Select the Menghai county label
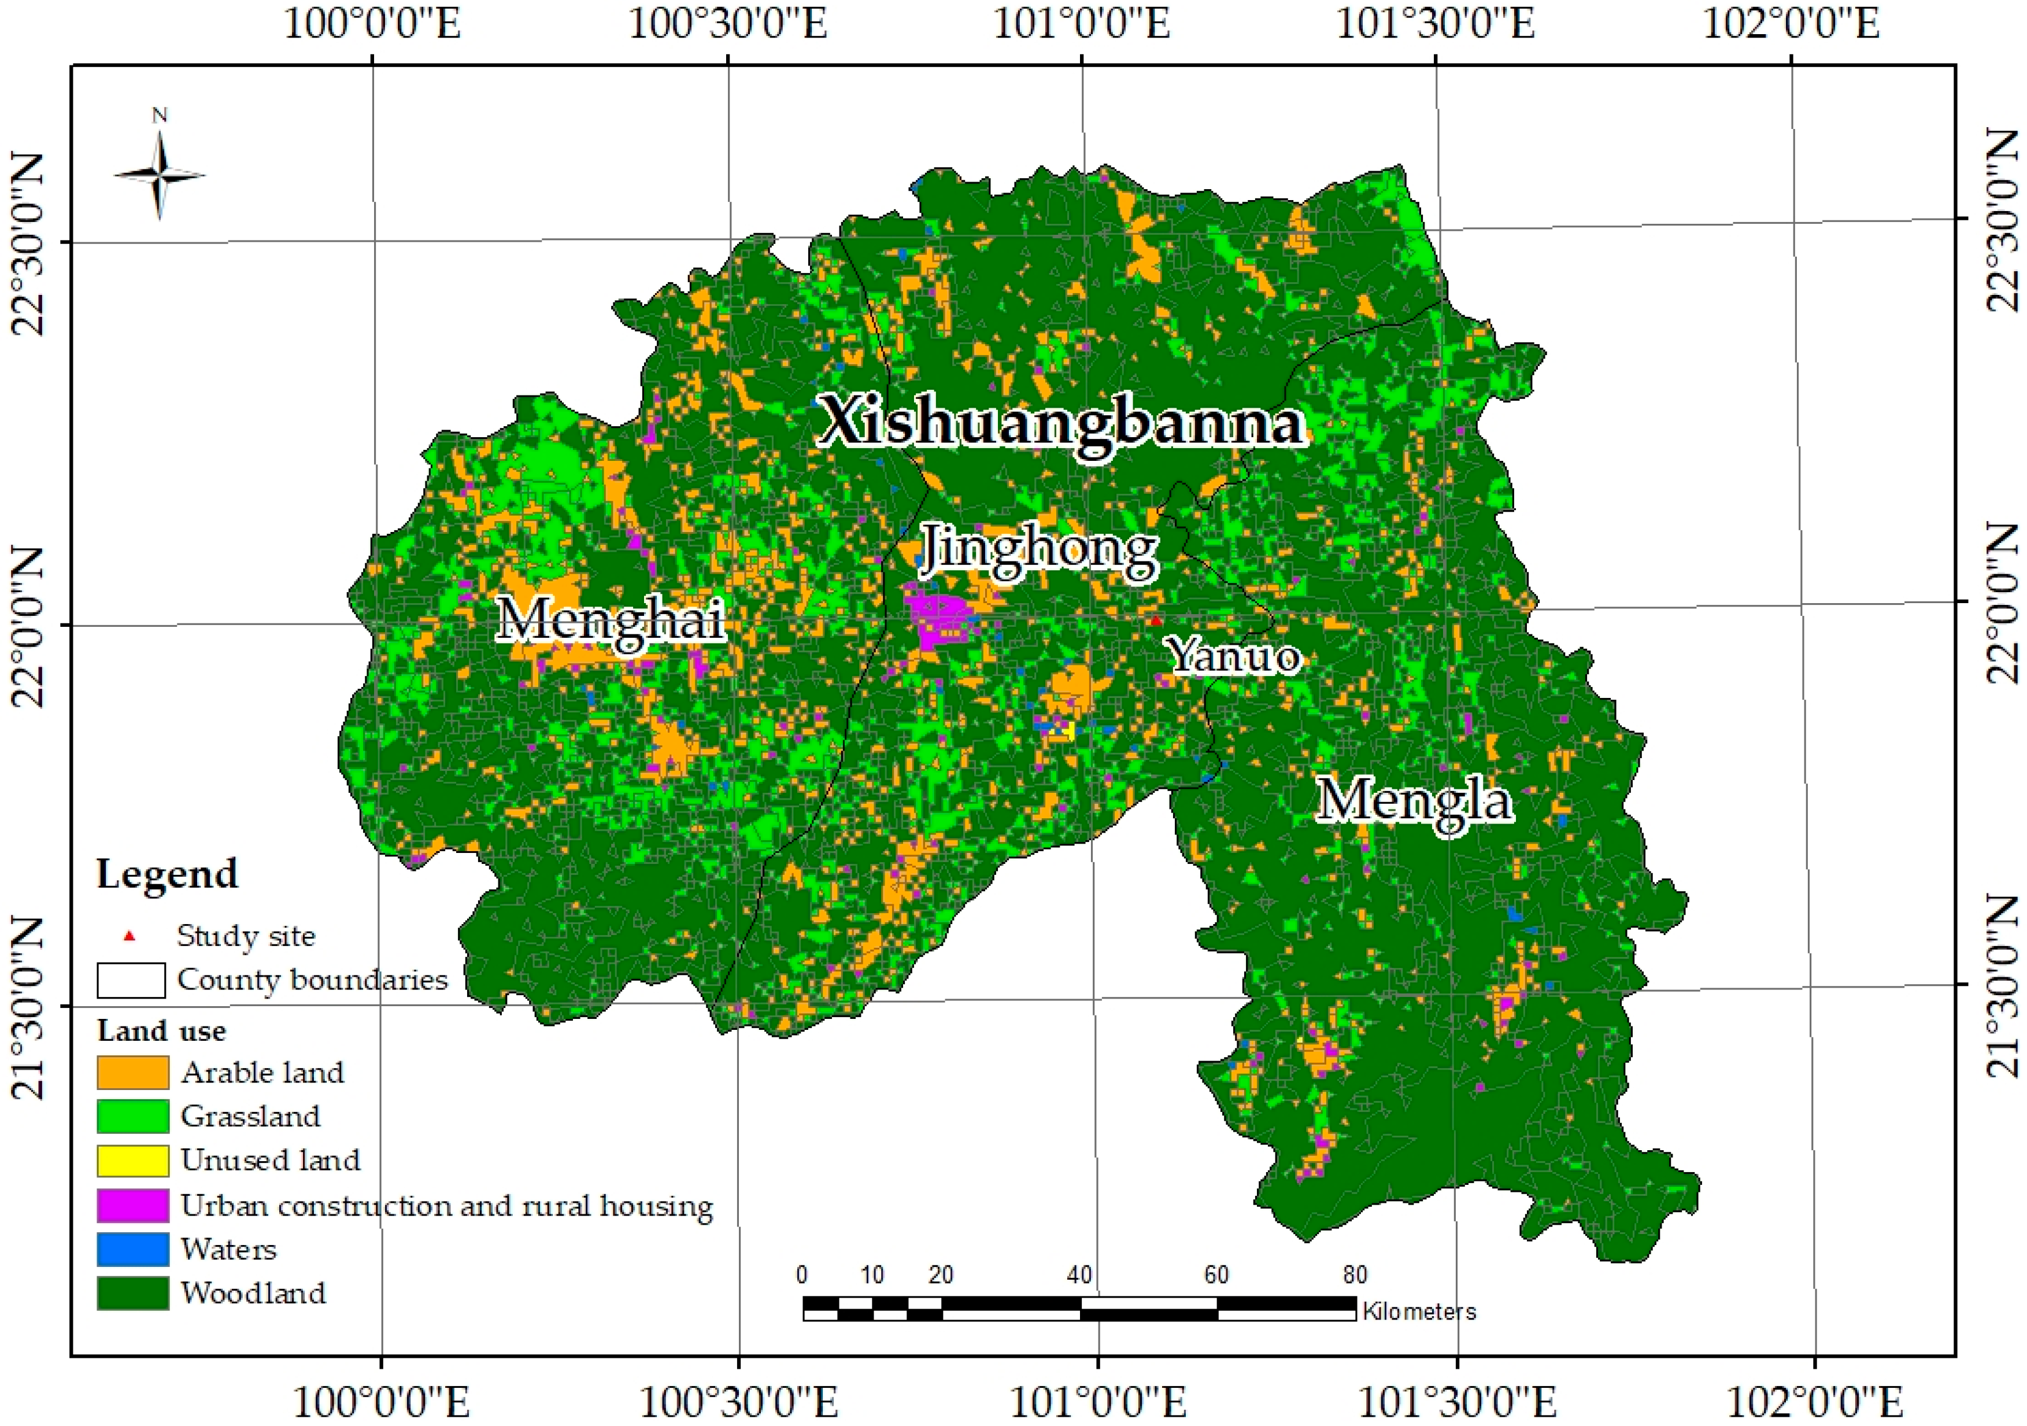coord(611,620)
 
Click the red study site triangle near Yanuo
coord(1155,620)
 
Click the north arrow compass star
coord(160,175)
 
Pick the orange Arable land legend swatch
coord(132,1072)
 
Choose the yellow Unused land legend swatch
coord(132,1160)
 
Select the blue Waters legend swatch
coord(132,1248)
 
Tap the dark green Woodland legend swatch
coord(132,1292)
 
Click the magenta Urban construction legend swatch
coord(132,1205)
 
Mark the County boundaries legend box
coord(131,980)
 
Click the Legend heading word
coord(167,874)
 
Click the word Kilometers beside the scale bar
coord(1419,1311)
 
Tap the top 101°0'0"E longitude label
coord(1082,24)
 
